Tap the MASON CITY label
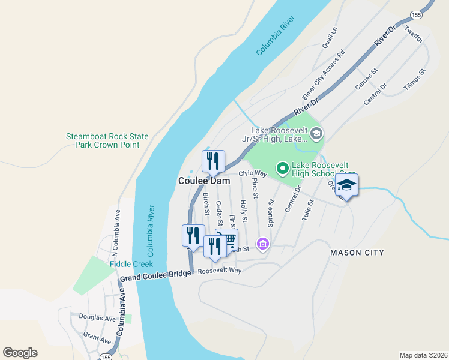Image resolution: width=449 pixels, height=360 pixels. coord(357,253)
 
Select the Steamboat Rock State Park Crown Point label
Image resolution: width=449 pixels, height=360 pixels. coord(107,140)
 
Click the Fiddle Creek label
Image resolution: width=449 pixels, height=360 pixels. coord(131,264)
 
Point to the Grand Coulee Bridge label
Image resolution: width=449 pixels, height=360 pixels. coord(155,276)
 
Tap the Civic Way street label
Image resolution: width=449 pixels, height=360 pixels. coord(252,173)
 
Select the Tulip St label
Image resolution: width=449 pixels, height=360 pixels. coord(308,222)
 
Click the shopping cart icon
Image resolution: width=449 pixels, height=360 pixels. coord(226,240)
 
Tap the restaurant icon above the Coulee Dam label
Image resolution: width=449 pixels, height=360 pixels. coord(213,161)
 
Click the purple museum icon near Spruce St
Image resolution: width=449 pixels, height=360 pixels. coord(262,244)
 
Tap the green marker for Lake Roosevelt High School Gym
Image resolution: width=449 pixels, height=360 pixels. coord(282,169)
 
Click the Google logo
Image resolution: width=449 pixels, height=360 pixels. coord(20,353)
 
